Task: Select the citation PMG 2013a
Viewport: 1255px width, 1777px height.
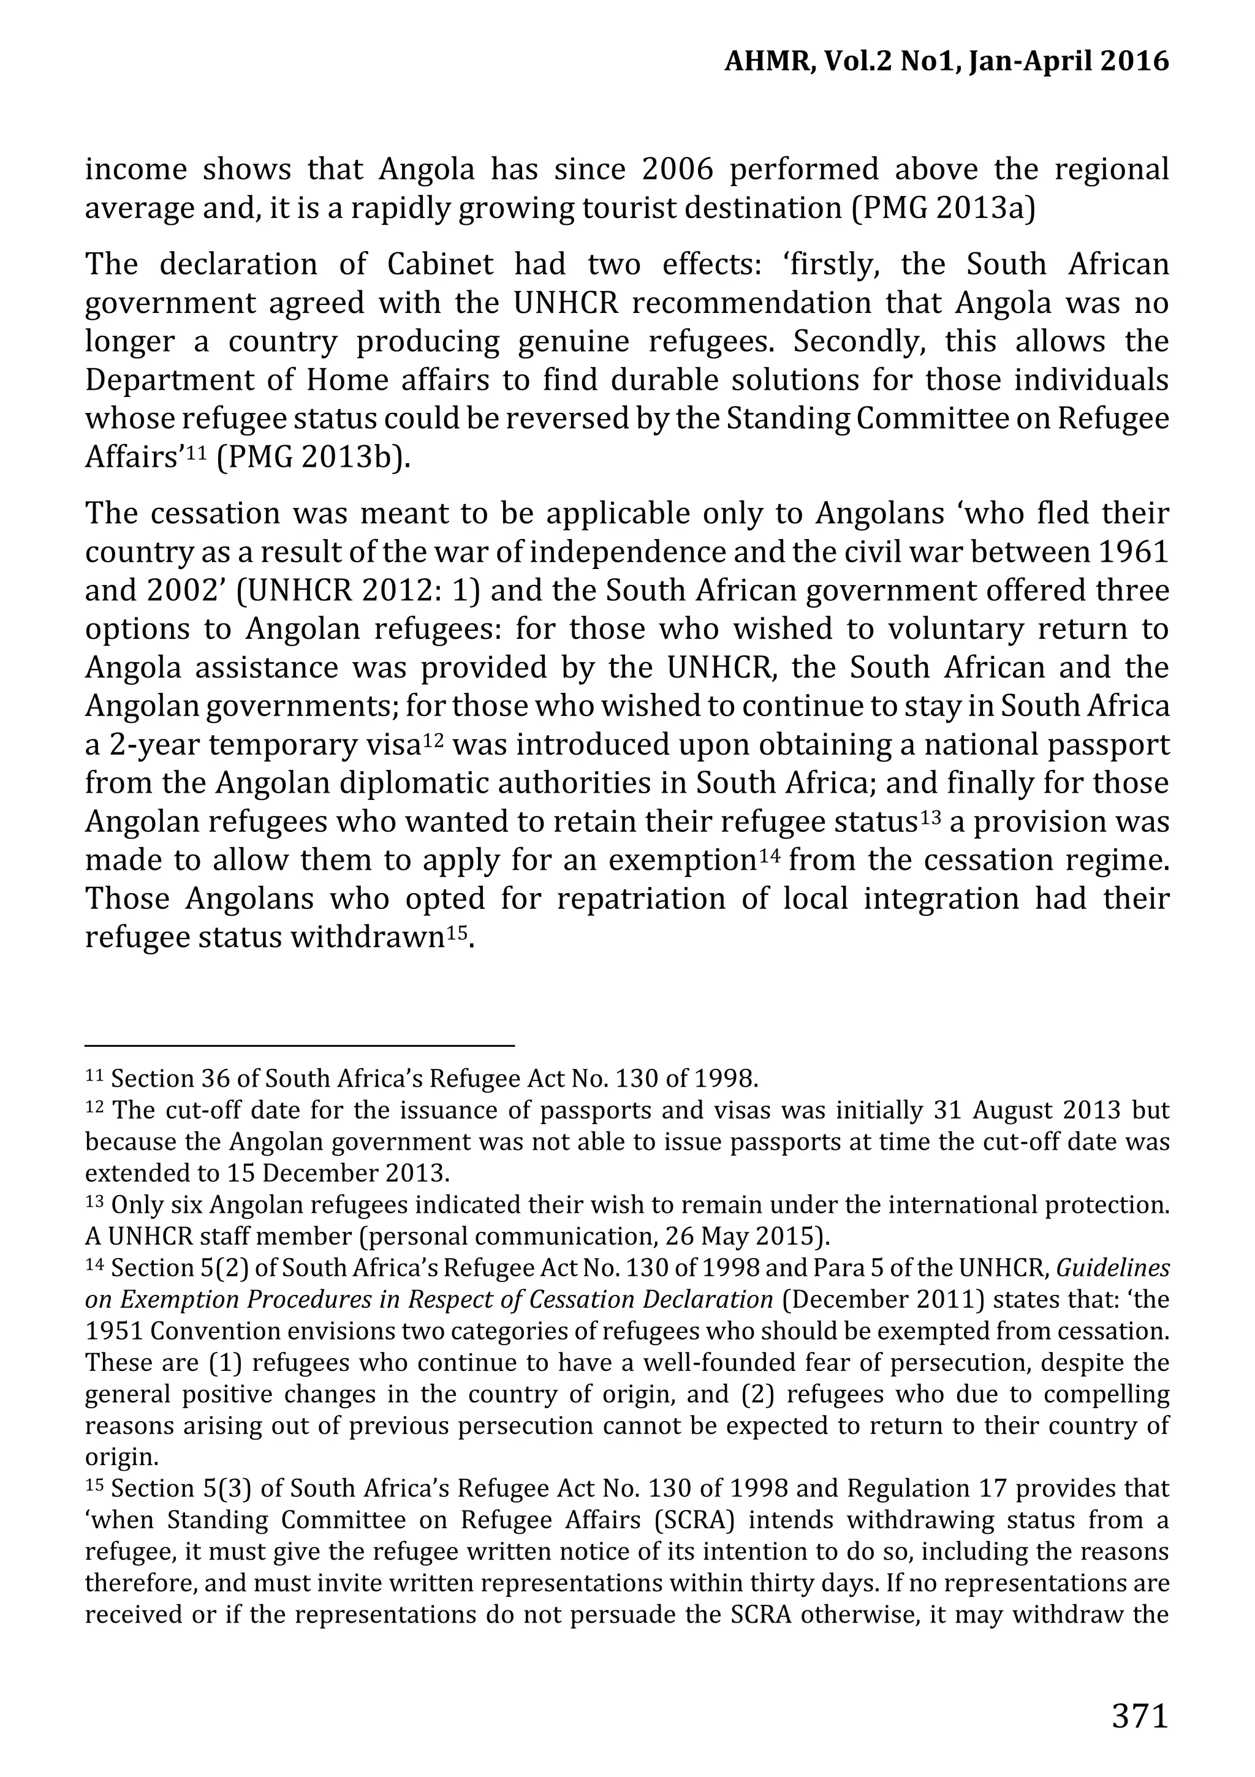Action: tap(943, 209)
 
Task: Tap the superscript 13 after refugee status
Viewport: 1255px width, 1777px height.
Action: tap(929, 817)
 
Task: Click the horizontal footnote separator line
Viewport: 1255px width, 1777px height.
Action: tap(299, 1046)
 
